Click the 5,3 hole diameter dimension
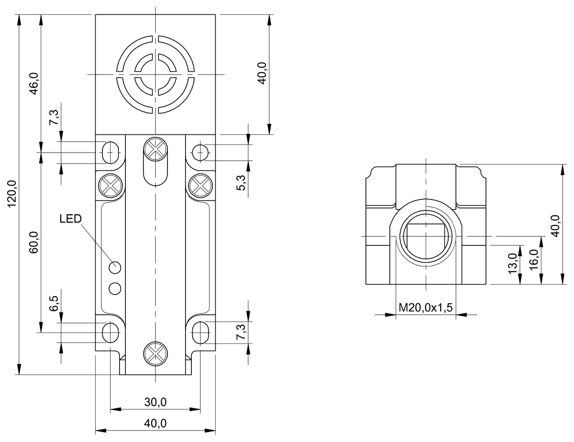pyautogui.click(x=242, y=183)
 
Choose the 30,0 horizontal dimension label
pyautogui.click(x=155, y=402)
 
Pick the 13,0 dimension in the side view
pyautogui.click(x=513, y=263)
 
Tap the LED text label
pyautogui.click(x=71, y=219)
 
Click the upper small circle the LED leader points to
pyautogui.click(x=115, y=267)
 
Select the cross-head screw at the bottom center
pyautogui.click(x=155, y=354)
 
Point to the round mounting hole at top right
pyautogui.click(x=200, y=152)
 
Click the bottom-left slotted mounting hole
pyautogui.click(x=110, y=331)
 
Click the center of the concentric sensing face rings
pyautogui.click(x=155, y=74)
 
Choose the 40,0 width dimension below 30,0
pyautogui.click(x=155, y=423)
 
